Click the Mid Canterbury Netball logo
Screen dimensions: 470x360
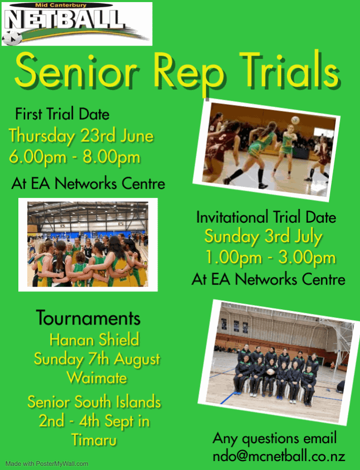pyautogui.click(x=77, y=24)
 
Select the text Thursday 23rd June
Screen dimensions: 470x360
pyautogui.click(x=81, y=136)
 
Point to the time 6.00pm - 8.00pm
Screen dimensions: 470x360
pyautogui.click(x=75, y=157)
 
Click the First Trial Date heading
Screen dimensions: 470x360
pyautogui.click(x=62, y=113)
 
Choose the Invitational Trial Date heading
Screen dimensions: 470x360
pyautogui.click(x=266, y=217)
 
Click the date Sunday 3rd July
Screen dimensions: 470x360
pyautogui.click(x=263, y=236)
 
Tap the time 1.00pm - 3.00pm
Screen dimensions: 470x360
pyautogui.click(x=270, y=258)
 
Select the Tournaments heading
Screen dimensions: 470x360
pyautogui.click(x=88, y=318)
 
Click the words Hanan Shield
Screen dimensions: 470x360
pyautogui.click(x=94, y=339)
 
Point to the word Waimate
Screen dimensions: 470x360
pyautogui.click(x=97, y=377)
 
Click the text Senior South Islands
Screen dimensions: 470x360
pyautogui.click(x=94, y=402)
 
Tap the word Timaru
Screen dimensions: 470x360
pyautogui.click(x=94, y=440)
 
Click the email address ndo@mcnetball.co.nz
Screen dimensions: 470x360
pyautogui.click(x=279, y=455)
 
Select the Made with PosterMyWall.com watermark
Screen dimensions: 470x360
pyautogui.click(x=47, y=464)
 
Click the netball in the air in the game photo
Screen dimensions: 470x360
pyautogui.click(x=295, y=120)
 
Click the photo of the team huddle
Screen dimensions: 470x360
pyautogui.click(x=88, y=244)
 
